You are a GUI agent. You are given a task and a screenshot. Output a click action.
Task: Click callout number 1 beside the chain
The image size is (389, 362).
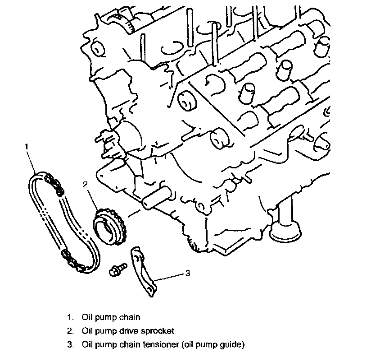(x=27, y=146)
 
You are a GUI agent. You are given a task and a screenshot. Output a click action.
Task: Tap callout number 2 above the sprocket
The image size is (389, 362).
(x=86, y=184)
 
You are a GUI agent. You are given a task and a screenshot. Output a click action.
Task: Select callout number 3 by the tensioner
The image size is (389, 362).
(x=187, y=274)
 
